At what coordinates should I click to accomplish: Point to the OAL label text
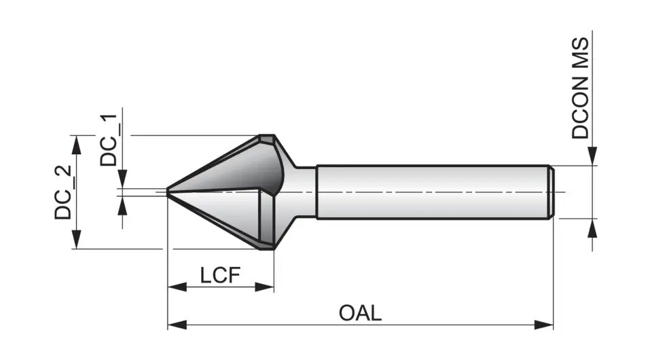(360, 313)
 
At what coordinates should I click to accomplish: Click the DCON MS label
(581, 88)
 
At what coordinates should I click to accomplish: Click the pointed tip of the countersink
(168, 192)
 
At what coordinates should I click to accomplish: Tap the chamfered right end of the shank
(552, 192)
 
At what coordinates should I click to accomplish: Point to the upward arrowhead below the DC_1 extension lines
(122, 206)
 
